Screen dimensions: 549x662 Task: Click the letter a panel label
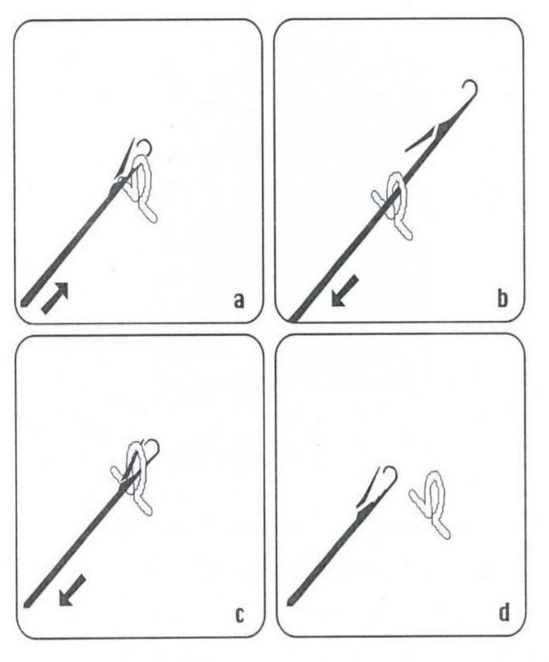point(239,301)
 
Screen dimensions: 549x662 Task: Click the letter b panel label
point(503,299)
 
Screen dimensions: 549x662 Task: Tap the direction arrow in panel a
point(55,298)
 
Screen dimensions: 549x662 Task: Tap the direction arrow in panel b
point(344,291)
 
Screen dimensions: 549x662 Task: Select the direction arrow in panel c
point(72,591)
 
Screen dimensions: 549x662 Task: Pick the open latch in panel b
point(421,139)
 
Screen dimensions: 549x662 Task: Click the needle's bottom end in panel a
point(23,304)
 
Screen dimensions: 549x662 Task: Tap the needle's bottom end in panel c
point(26,606)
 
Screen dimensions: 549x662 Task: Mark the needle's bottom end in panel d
point(290,603)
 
